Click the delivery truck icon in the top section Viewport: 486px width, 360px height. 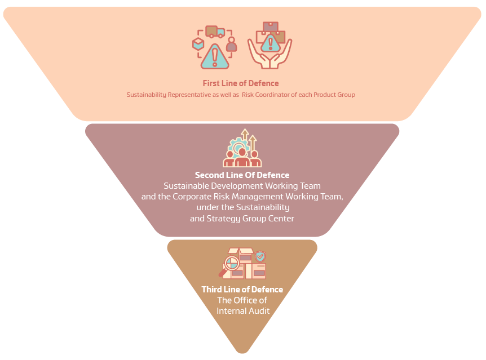click(x=215, y=32)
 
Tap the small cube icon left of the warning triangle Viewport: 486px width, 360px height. click(x=198, y=43)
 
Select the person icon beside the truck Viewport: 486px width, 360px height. click(x=231, y=45)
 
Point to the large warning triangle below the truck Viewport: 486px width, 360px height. click(x=214, y=56)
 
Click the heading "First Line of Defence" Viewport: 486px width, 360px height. click(x=241, y=83)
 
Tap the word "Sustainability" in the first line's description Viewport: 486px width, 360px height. click(x=146, y=95)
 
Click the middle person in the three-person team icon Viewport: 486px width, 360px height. click(x=242, y=157)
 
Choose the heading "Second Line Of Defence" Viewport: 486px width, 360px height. click(x=242, y=175)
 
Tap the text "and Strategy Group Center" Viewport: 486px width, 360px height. click(x=242, y=218)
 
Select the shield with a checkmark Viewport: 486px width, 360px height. click(x=260, y=257)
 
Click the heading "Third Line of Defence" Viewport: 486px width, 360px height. click(x=242, y=290)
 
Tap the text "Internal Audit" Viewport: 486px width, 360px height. click(x=243, y=310)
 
